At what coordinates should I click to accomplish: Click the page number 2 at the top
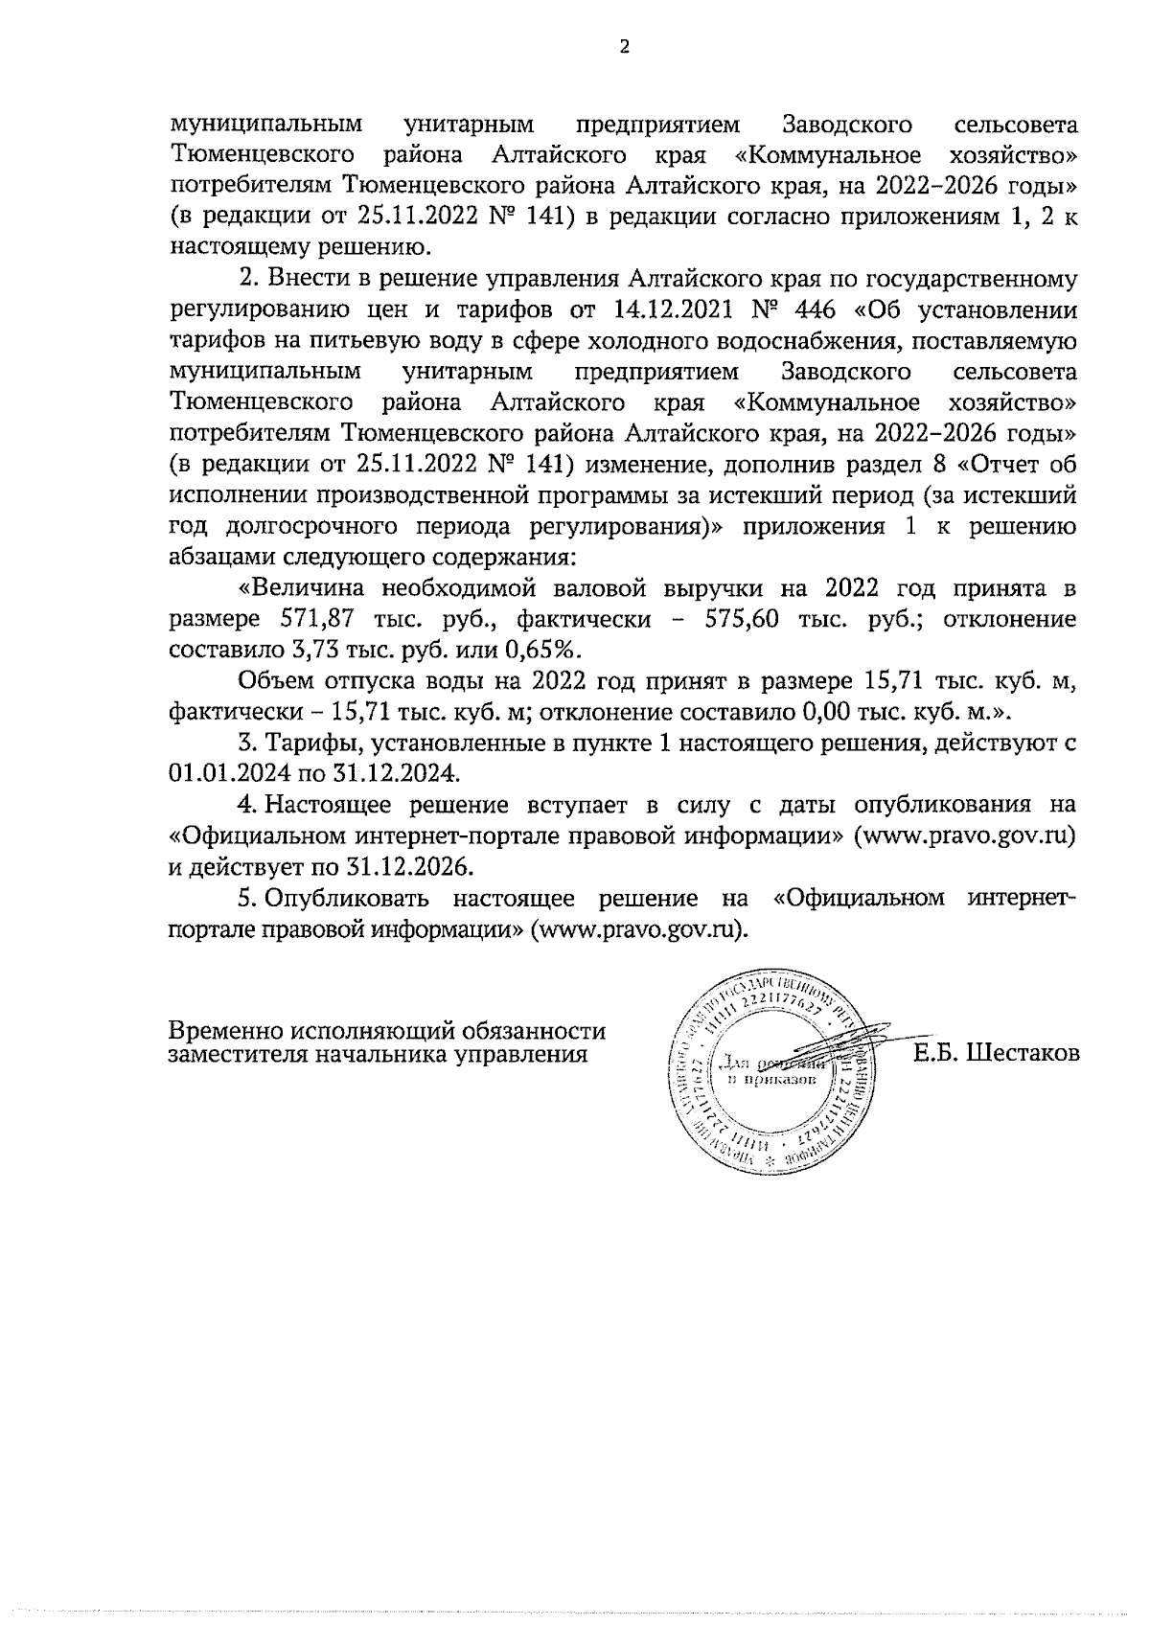point(625,48)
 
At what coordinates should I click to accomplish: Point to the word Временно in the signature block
point(226,1032)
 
